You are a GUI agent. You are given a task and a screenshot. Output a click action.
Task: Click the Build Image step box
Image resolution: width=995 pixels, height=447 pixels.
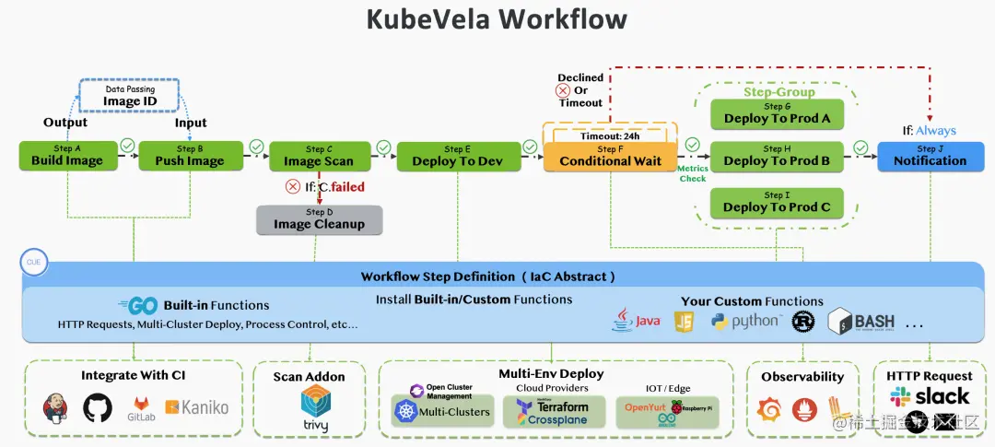point(67,156)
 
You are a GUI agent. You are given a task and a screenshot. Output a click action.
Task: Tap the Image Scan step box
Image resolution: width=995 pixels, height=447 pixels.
point(318,156)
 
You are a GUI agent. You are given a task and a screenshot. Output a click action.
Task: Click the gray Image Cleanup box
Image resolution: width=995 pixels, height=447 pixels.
point(319,219)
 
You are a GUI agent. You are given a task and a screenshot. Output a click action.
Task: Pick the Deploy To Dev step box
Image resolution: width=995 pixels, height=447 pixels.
point(457,156)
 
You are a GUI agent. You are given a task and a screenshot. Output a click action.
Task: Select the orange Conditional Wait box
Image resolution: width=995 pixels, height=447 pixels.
point(610,156)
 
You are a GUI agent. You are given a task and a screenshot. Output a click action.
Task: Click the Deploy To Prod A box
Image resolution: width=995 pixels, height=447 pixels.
point(777,113)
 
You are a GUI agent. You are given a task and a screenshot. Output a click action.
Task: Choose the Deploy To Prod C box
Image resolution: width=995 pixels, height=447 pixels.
point(777,202)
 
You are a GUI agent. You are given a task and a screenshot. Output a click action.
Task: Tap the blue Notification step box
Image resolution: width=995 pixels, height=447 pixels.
point(930,156)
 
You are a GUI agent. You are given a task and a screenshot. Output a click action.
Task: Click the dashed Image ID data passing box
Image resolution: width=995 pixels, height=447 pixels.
point(129,96)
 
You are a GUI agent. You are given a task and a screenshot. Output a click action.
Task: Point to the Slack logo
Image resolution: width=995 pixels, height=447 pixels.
point(929,397)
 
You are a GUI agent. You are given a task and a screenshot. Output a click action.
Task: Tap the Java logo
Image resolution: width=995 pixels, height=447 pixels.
point(637,321)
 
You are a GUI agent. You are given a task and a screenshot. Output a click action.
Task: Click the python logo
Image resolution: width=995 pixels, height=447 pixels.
point(745,321)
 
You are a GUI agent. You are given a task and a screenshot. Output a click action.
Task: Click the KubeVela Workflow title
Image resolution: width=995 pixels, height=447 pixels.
point(497,19)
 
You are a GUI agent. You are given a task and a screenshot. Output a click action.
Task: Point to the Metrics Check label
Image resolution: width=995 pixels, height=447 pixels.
point(693,173)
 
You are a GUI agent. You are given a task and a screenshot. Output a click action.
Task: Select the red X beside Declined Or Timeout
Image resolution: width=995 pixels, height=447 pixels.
point(563,90)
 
